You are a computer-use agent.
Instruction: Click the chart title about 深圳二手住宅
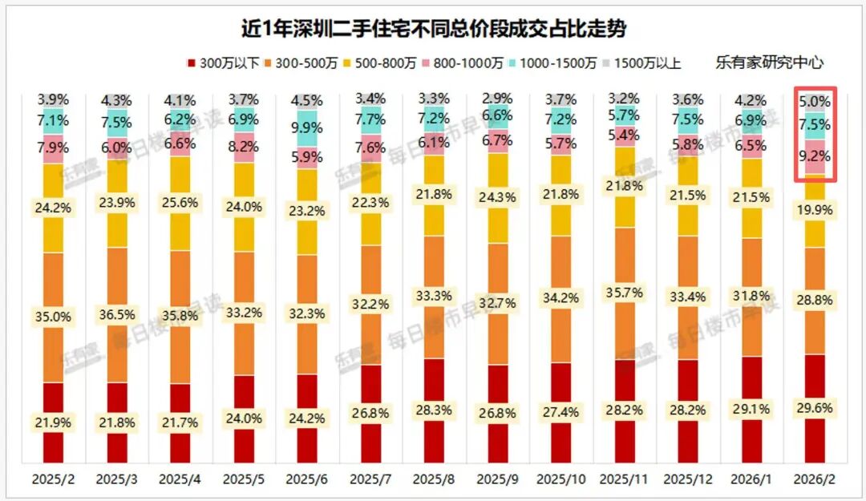tap(434, 29)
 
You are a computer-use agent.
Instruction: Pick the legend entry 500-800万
tap(412, 63)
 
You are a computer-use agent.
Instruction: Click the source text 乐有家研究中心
tap(769, 63)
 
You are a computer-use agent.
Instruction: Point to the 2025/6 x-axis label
tap(308, 479)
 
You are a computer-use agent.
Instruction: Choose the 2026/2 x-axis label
tap(814, 479)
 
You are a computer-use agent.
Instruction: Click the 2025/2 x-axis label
tap(54, 479)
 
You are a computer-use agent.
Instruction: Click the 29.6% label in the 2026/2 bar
tap(814, 407)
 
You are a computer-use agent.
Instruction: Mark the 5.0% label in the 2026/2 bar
tap(814, 103)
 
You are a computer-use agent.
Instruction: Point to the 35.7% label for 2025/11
tap(624, 293)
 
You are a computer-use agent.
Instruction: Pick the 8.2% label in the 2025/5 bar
tap(244, 147)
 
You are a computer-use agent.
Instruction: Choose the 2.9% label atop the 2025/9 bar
tap(498, 99)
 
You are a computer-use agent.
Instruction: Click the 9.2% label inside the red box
tap(814, 157)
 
